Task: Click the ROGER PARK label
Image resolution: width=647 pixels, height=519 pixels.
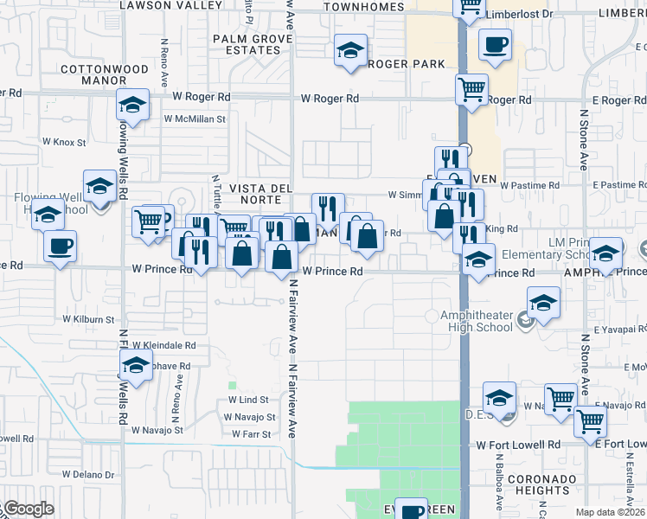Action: pyautogui.click(x=407, y=64)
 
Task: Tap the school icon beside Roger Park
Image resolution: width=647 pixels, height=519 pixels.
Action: pyautogui.click(x=350, y=51)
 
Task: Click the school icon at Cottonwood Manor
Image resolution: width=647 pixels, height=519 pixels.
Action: pyautogui.click(x=133, y=106)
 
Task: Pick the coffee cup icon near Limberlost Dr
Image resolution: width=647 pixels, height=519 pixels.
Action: pyautogui.click(x=495, y=44)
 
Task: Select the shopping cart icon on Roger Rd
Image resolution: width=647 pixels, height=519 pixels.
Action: pyautogui.click(x=471, y=88)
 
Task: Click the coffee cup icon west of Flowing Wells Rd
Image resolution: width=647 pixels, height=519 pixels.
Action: pyautogui.click(x=60, y=247)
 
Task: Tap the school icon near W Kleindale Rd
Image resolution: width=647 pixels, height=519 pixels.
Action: pyautogui.click(x=136, y=367)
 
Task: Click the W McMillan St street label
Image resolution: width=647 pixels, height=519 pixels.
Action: pyautogui.click(x=194, y=119)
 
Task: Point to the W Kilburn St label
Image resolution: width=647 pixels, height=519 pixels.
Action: pyautogui.click(x=84, y=319)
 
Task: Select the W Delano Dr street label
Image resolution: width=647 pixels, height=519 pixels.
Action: pyautogui.click(x=87, y=475)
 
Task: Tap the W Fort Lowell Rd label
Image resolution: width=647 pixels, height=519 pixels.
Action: pyautogui.click(x=517, y=445)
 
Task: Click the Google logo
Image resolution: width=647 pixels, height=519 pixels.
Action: pyautogui.click(x=28, y=509)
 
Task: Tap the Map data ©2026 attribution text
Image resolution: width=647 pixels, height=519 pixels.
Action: pyautogui.click(x=610, y=512)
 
